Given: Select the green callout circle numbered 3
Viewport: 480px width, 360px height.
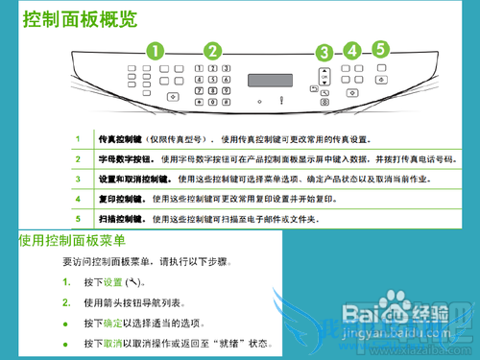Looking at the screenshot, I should point(324,54).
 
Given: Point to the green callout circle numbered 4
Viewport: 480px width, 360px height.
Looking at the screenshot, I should point(352,50).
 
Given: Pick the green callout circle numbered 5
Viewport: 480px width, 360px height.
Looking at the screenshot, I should point(381,46).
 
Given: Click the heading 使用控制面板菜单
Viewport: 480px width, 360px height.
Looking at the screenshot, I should point(72,240).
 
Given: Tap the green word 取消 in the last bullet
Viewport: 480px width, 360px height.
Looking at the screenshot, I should point(112,344).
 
